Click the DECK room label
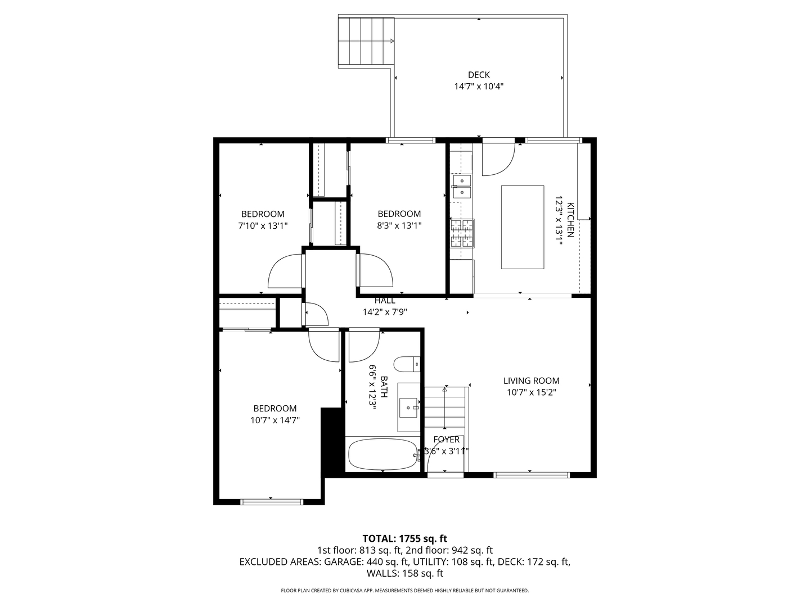(479, 75)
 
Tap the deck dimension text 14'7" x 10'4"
(479, 87)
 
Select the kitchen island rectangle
(523, 227)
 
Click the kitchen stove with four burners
(462, 233)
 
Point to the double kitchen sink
(462, 187)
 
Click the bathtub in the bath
(382, 455)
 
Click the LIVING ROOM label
(531, 380)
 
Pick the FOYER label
(446, 440)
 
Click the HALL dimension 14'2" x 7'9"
(385, 312)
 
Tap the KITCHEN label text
(570, 219)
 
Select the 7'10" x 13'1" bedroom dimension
(263, 226)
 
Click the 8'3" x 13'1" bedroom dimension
(399, 226)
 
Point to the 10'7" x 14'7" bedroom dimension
(274, 420)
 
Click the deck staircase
(366, 42)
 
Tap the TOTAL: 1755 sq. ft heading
(404, 538)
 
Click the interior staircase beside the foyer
(445, 409)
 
